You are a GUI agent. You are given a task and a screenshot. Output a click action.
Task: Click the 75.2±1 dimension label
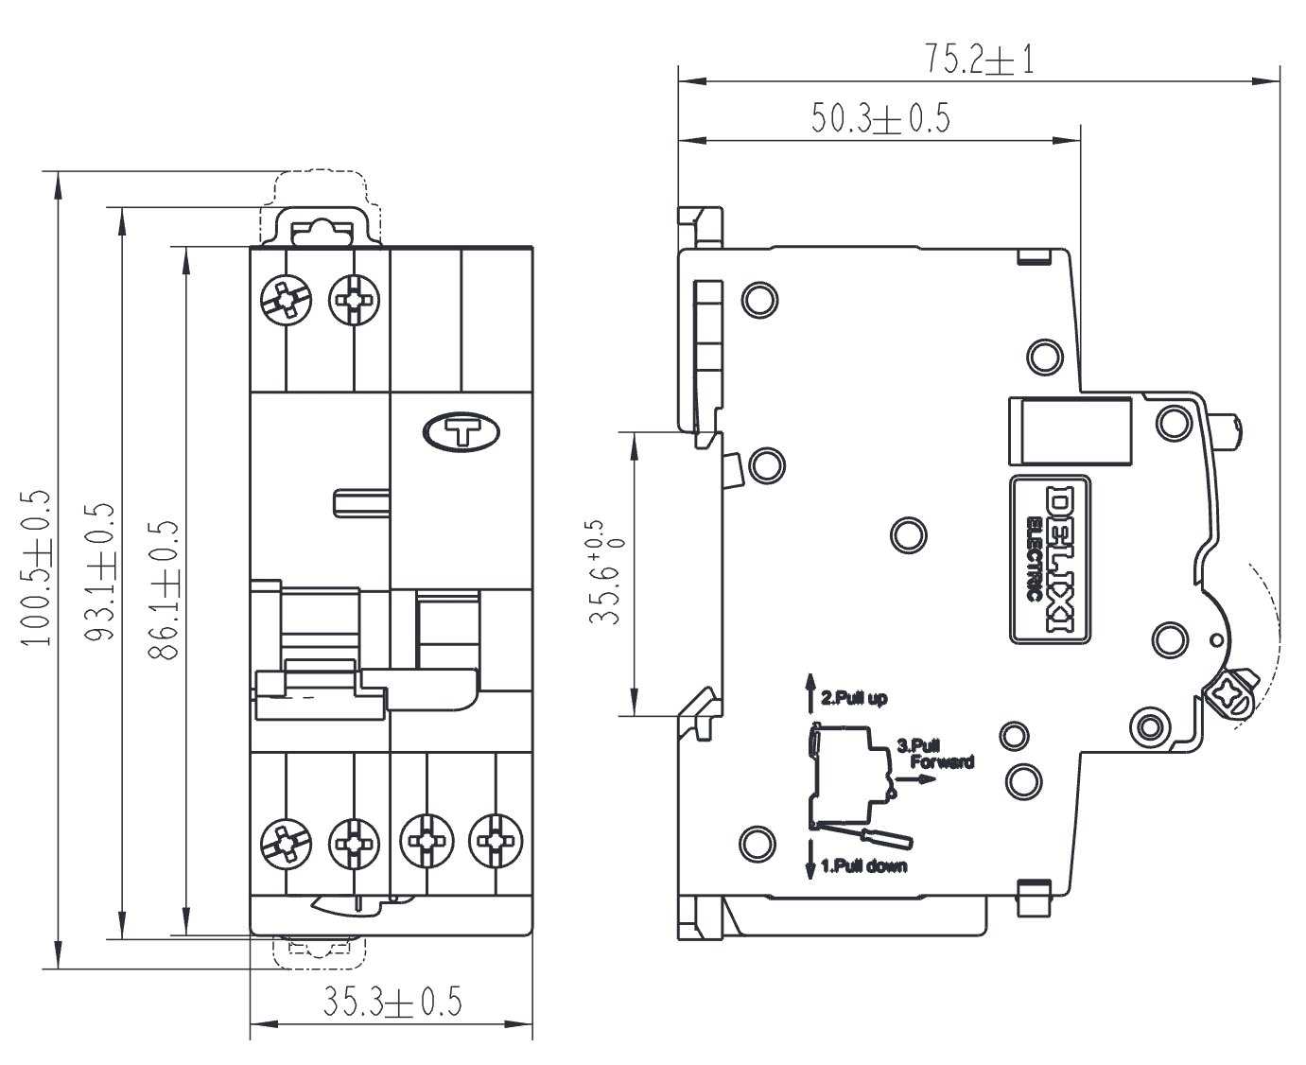coord(980,60)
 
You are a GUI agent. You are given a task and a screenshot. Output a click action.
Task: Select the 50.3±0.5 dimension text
coord(880,118)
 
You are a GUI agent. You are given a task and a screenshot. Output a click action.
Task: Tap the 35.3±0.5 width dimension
coord(392,1002)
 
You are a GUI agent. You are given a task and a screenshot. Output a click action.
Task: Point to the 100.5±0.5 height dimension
coord(35,568)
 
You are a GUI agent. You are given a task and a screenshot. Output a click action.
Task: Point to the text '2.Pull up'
coord(854,698)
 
